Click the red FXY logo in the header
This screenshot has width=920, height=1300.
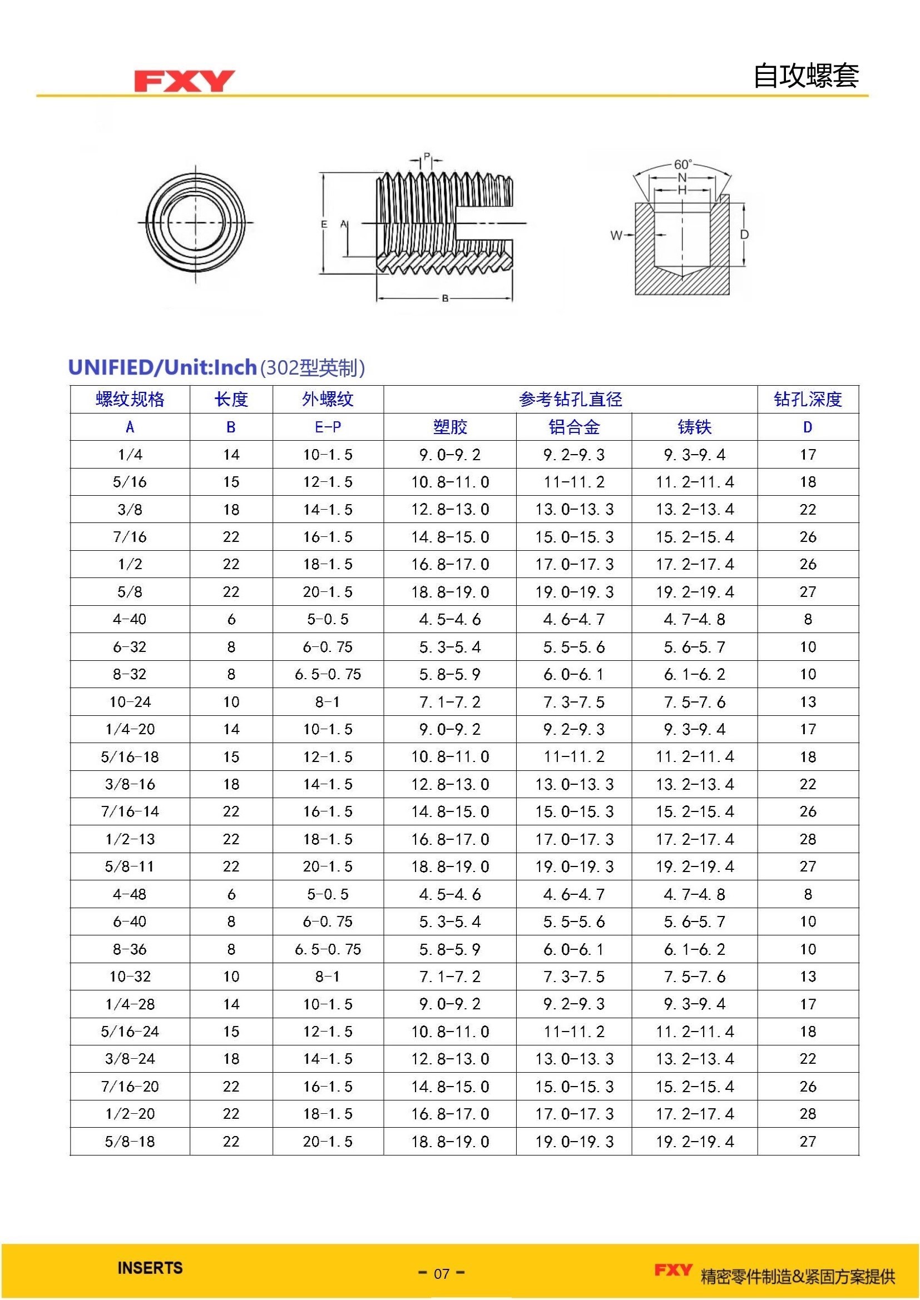coord(184,81)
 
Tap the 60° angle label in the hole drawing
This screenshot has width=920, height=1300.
coord(682,164)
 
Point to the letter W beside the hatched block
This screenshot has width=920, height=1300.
coord(616,235)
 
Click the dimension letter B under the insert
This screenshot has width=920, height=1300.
coord(446,298)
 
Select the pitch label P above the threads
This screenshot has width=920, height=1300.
coord(427,156)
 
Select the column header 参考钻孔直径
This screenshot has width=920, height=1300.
coord(570,399)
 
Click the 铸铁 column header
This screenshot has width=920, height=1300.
coord(694,427)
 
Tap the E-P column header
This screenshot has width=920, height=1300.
coord(328,427)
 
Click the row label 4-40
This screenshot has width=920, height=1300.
coord(130,619)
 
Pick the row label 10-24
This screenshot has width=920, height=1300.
coord(130,702)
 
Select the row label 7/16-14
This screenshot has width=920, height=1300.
coord(130,811)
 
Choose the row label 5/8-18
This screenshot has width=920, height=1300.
coord(130,1142)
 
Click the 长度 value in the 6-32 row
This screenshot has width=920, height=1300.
coord(231,646)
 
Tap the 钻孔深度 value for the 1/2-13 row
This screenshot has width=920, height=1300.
coord(807,839)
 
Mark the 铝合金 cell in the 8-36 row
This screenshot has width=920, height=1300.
coord(573,949)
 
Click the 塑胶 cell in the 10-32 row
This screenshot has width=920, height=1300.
coord(450,977)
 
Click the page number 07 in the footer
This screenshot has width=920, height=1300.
coord(441,1273)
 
